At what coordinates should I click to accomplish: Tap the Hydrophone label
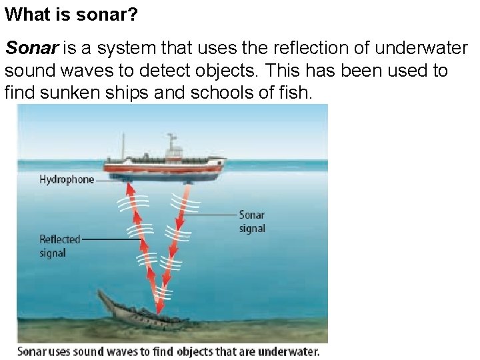click(x=67, y=179)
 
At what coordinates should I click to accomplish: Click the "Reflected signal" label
click(x=60, y=246)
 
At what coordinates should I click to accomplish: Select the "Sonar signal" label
click(x=252, y=221)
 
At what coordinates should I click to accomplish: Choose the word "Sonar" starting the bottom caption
click(x=33, y=351)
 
